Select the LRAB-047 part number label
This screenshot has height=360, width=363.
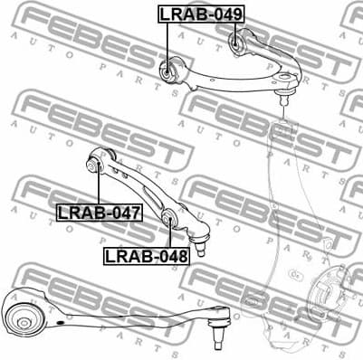coord(99,213)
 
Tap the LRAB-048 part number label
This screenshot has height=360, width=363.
coord(146,256)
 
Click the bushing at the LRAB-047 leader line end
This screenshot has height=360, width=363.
coord(94,166)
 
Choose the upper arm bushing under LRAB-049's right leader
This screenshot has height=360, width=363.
coord(237,38)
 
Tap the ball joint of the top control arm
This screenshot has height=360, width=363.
coord(287,88)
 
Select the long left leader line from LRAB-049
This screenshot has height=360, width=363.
coord(167,40)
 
